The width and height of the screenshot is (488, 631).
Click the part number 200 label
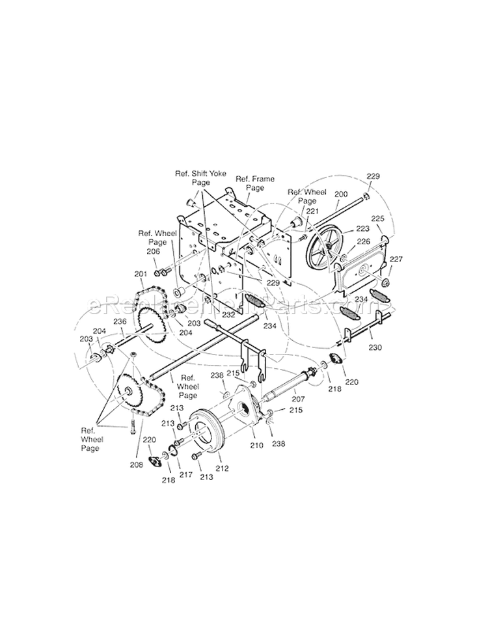pos(341,195)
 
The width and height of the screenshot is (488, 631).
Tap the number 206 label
pos(153,251)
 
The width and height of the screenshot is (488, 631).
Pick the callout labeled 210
pos(256,446)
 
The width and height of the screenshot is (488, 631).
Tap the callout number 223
pos(362,228)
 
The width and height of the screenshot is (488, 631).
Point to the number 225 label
pos(378,219)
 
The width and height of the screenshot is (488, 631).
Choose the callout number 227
pos(396,260)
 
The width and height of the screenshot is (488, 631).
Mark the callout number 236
pos(120,321)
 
